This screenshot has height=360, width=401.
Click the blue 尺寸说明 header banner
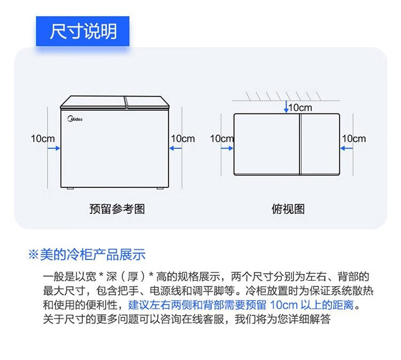83,31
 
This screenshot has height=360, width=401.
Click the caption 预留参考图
117,209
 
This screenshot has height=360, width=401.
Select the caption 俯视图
288,209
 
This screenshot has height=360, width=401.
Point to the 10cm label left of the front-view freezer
42,139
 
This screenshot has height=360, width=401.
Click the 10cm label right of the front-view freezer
183,139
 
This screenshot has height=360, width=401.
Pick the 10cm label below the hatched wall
300,108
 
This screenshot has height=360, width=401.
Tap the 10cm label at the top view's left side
221,139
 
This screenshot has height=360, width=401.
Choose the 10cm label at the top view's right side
354,139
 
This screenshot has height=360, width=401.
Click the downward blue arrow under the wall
287,106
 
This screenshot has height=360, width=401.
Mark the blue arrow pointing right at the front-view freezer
53,149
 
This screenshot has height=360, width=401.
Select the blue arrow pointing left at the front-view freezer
174,149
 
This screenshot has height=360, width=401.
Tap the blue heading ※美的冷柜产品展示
86,255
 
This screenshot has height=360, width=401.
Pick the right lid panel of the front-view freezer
146,102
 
